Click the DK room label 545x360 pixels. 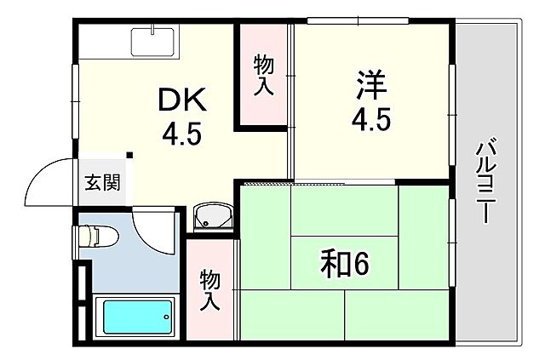(182, 101)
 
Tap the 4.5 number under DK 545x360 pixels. (182, 134)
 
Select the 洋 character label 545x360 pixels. (371, 87)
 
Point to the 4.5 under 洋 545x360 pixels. (371, 119)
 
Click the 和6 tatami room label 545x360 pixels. (346, 265)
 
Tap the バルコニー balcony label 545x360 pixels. (486, 182)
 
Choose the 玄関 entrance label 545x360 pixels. (101, 181)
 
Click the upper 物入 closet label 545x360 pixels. (263, 74)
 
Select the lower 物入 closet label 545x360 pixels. (210, 289)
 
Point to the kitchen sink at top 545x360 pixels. (153, 42)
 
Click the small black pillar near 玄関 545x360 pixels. (129, 155)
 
